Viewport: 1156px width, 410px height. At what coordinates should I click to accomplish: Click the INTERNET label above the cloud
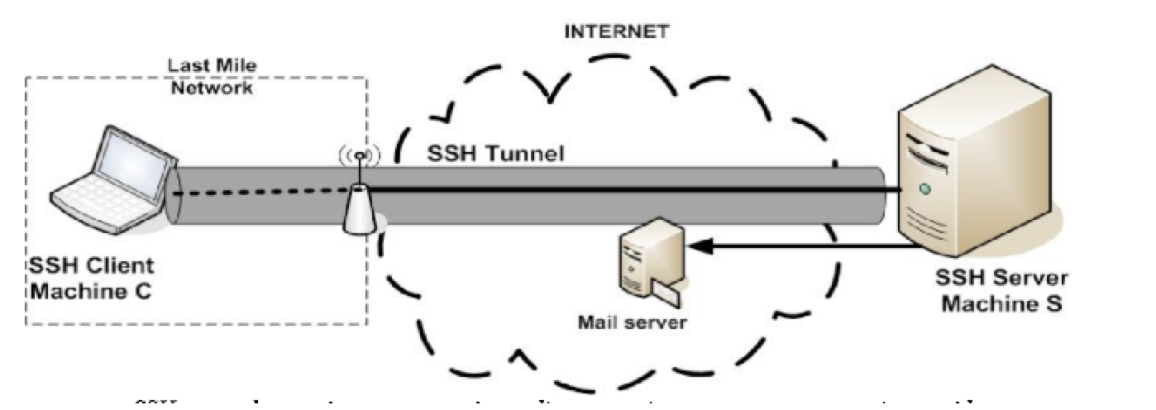[x=616, y=32]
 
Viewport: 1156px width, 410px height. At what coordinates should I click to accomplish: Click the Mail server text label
[x=631, y=321]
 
